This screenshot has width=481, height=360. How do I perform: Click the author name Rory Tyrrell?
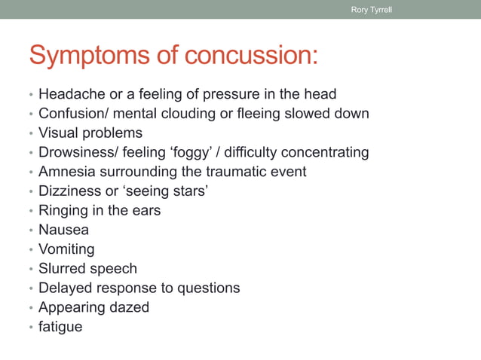[372, 10]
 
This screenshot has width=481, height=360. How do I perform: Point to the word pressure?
[233, 94]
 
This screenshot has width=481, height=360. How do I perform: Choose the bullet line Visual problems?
[90, 133]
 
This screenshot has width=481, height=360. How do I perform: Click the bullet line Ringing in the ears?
[100, 210]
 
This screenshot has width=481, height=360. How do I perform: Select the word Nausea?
[63, 230]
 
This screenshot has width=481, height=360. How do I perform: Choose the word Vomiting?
[66, 249]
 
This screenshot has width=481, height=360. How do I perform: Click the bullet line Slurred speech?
[87, 268]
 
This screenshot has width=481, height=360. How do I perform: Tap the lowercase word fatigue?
[60, 327]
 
